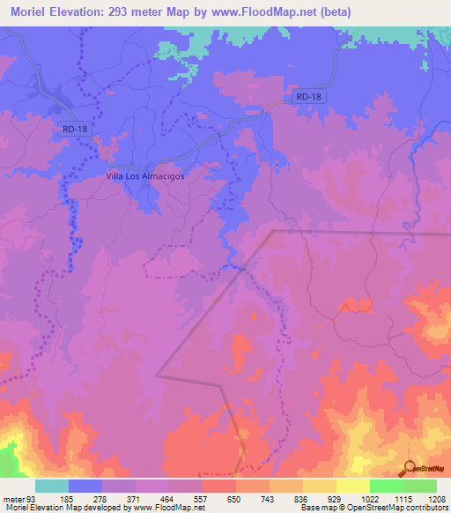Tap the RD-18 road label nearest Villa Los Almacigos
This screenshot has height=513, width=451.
click(76, 129)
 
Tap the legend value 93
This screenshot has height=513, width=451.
click(33, 498)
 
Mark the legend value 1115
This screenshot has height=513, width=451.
click(403, 498)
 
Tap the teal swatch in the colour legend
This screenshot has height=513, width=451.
click(52, 486)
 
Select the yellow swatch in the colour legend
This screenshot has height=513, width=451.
click(352, 486)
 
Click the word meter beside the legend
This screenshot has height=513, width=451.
click(13, 498)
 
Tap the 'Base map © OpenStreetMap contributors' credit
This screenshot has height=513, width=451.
click(372, 508)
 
